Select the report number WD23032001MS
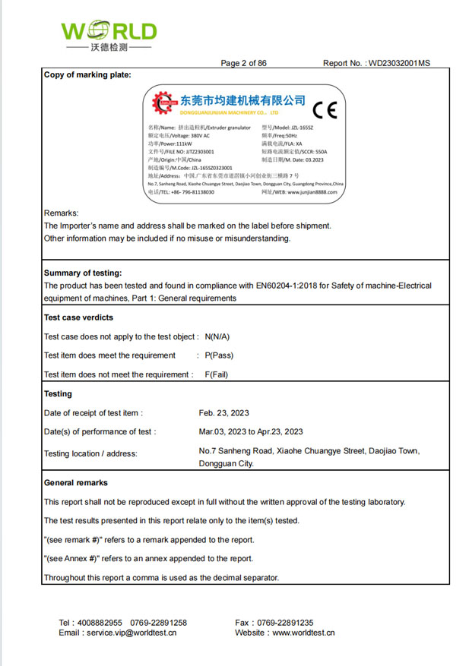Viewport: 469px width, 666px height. pos(398,63)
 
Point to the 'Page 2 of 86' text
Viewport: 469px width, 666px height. pos(243,63)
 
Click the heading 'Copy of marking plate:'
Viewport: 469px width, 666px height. pos(87,74)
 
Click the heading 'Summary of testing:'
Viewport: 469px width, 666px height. pos(83,273)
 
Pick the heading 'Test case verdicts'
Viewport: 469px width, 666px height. pos(79,317)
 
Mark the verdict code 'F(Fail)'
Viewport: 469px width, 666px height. pos(217,374)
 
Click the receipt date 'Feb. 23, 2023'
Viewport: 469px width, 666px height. pos(224,413)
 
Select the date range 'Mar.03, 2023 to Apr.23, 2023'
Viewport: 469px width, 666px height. pos(251,432)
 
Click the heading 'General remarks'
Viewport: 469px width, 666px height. pos(76,483)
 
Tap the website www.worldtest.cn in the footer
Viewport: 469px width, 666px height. pos(303,633)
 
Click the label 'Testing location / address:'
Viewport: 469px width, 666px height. pos(90,454)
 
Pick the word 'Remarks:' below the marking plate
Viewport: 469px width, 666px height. pos(62,213)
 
